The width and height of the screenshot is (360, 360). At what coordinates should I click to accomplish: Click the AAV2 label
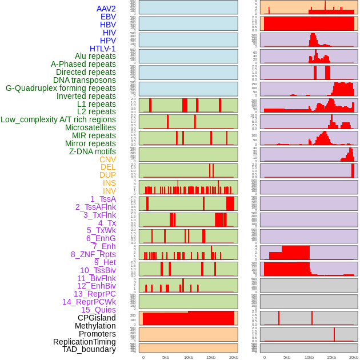pyautogui.click(x=106, y=9)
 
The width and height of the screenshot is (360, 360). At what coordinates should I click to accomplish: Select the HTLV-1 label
pyautogui.click(x=103, y=49)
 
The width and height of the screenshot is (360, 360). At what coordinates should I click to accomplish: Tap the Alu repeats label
pyautogui.click(x=95, y=56)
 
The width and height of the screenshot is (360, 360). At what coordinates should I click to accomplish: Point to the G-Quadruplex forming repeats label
pyautogui.click(x=61, y=88)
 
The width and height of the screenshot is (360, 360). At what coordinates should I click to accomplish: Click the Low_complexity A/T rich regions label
pyautogui.click(x=58, y=119)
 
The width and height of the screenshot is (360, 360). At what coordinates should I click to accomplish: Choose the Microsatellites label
pyautogui.click(x=90, y=127)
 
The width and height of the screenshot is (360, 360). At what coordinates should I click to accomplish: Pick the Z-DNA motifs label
pyautogui.click(x=93, y=151)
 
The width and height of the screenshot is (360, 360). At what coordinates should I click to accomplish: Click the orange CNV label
pyautogui.click(x=107, y=159)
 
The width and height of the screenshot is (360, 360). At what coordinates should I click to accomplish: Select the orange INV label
pyautogui.click(x=109, y=191)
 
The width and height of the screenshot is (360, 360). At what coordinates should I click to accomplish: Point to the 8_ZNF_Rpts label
pyautogui.click(x=93, y=254)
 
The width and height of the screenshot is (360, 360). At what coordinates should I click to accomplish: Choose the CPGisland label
pyautogui.click(x=97, y=318)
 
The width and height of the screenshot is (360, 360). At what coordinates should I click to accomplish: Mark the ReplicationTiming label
pyautogui.click(x=85, y=342)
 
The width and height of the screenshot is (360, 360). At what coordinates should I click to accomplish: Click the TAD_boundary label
pyautogui.click(x=89, y=349)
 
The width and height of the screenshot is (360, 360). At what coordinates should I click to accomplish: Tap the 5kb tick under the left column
pyautogui.click(x=166, y=357)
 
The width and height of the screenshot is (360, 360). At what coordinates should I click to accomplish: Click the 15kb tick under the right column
pyautogui.click(x=331, y=357)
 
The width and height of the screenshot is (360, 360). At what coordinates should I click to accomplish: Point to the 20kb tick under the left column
pyautogui.click(x=234, y=357)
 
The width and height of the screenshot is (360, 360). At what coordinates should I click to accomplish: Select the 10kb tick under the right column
pyautogui.click(x=309, y=357)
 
